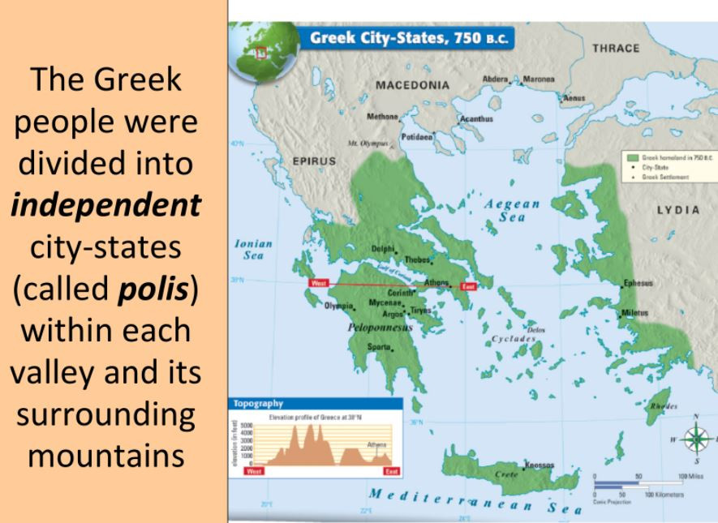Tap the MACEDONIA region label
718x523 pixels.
(x=413, y=85)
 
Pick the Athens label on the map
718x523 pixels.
(x=439, y=283)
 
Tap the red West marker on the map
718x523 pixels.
(x=318, y=283)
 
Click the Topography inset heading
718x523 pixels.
(x=258, y=402)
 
